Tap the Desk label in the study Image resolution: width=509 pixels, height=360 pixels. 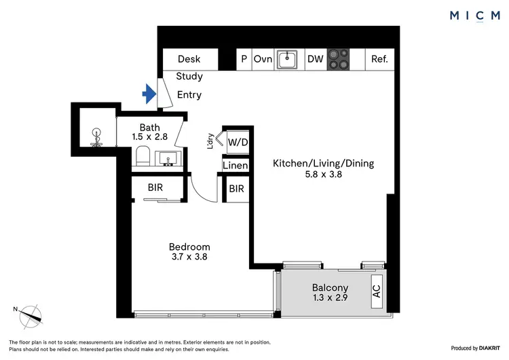click(x=189, y=59)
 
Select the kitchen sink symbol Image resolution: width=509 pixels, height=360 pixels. click(x=289, y=59)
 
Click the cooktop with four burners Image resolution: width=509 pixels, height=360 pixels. click(x=339, y=60)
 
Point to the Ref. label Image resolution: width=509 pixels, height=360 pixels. click(x=379, y=59)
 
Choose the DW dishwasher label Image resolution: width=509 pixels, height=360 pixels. click(x=315, y=59)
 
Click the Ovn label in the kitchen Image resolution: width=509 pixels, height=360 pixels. click(x=263, y=59)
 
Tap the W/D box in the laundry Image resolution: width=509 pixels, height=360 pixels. click(x=237, y=143)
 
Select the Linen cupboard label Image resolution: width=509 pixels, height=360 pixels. click(x=235, y=166)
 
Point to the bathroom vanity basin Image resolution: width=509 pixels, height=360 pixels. click(x=168, y=159)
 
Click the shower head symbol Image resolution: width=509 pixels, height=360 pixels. click(x=96, y=134)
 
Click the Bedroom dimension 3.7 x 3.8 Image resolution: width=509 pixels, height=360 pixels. click(x=189, y=258)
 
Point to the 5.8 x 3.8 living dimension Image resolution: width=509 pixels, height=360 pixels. click(x=323, y=175)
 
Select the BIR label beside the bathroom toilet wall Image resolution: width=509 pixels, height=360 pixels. click(x=155, y=188)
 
